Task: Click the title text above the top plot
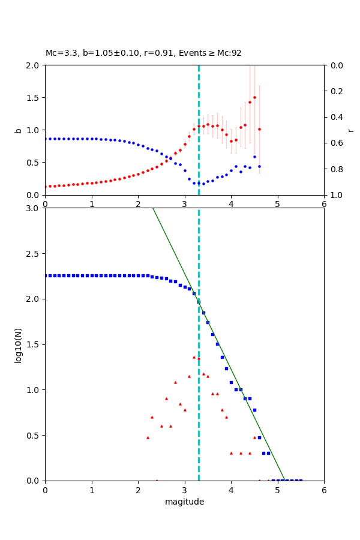[x=143, y=53]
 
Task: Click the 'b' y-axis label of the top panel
[x=18, y=130]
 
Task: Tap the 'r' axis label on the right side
[x=351, y=130]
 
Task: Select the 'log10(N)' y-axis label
[x=18, y=344]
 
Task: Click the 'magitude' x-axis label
[x=184, y=502]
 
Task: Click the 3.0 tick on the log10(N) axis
[x=34, y=208]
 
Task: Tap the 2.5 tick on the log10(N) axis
[x=34, y=253]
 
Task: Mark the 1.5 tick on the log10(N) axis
[x=34, y=344]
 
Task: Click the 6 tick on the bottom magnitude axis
[x=324, y=490]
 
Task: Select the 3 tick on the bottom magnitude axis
[x=184, y=490]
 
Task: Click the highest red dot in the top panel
[x=254, y=97]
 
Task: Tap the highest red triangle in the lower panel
[x=194, y=357]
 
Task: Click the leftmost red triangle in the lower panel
[x=148, y=437]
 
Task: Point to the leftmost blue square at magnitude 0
[x=46, y=275]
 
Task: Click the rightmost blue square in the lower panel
[x=301, y=480]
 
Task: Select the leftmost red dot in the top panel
[x=46, y=187]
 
